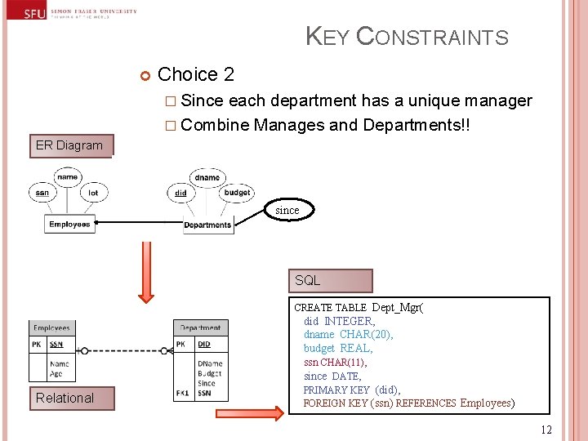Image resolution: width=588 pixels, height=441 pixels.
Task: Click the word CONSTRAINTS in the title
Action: point(433,38)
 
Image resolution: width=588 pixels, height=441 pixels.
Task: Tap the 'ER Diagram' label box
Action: point(69,145)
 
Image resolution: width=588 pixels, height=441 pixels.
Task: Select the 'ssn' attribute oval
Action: point(42,193)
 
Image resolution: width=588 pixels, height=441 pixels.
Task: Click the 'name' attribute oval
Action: point(68,176)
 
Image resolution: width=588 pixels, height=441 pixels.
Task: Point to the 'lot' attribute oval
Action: point(92,193)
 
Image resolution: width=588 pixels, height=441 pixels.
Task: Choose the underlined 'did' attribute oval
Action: point(180,193)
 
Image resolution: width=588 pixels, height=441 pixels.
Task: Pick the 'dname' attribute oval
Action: point(207,176)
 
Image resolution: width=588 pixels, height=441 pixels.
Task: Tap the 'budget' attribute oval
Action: point(237,193)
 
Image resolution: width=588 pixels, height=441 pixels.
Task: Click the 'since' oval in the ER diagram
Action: point(287,210)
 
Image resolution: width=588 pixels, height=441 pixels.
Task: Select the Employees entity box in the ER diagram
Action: point(69,225)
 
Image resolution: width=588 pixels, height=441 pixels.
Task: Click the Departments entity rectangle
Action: point(207,225)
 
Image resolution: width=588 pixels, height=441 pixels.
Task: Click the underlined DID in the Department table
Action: point(204,345)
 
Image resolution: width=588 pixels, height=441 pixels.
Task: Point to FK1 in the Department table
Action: point(183,393)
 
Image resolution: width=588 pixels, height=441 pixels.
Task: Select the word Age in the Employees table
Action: point(56,374)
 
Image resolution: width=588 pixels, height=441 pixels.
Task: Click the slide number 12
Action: point(546,430)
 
